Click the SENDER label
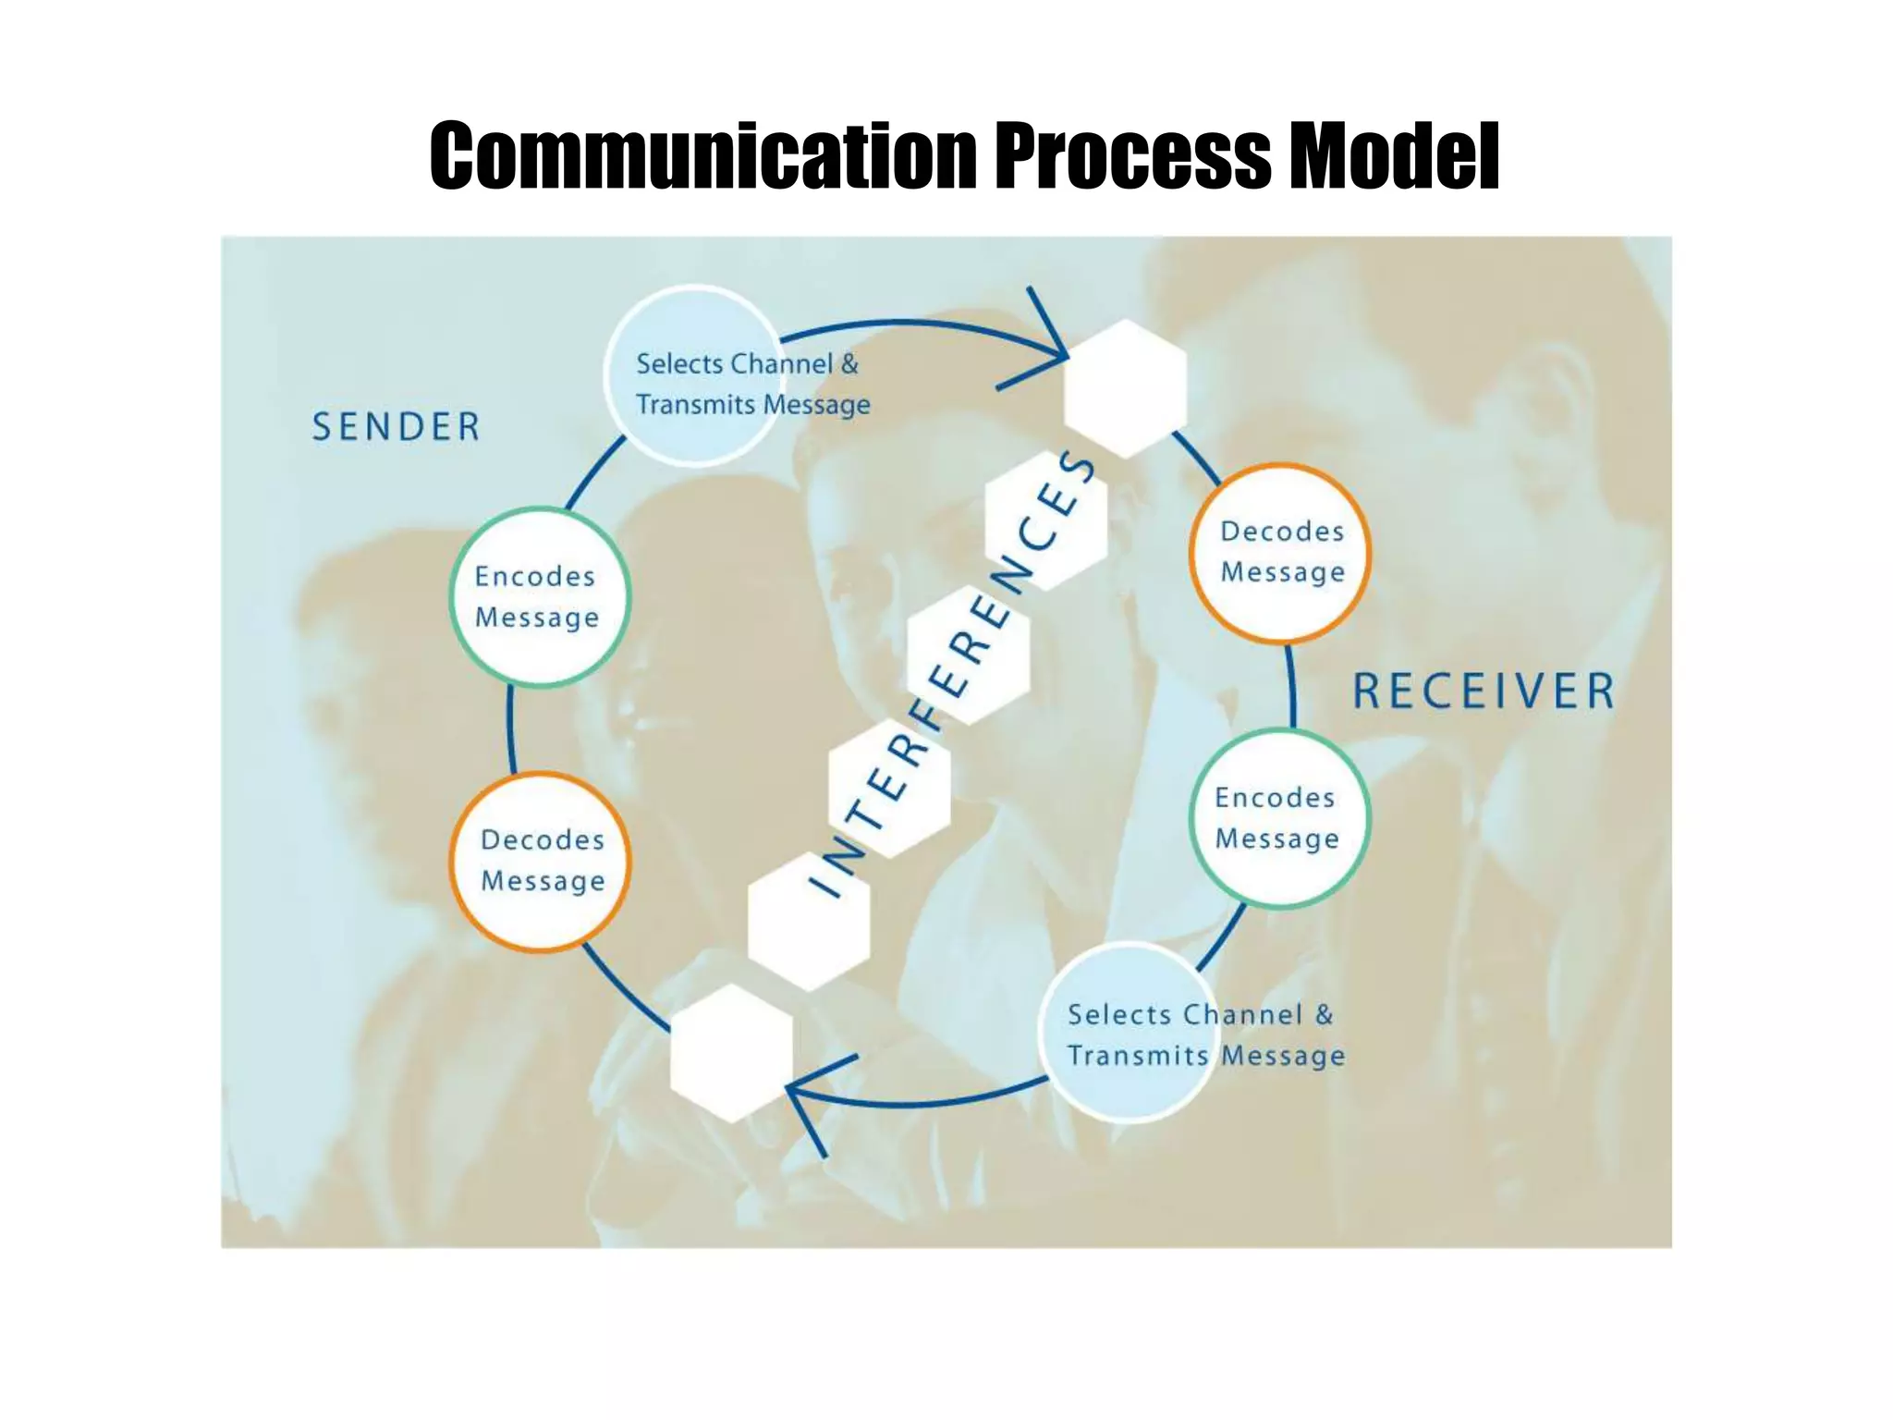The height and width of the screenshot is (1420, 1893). (x=396, y=427)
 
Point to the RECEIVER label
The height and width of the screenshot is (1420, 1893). (x=1484, y=692)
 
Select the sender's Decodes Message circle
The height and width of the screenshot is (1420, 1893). (x=541, y=862)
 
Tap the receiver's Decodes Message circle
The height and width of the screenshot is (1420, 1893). (x=1280, y=553)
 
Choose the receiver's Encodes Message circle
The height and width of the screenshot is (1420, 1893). (x=1278, y=818)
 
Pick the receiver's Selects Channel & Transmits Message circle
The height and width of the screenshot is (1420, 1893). (x=1128, y=1033)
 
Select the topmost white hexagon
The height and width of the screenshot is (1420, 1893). (x=1125, y=388)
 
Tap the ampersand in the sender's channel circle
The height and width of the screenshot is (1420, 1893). (x=849, y=364)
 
